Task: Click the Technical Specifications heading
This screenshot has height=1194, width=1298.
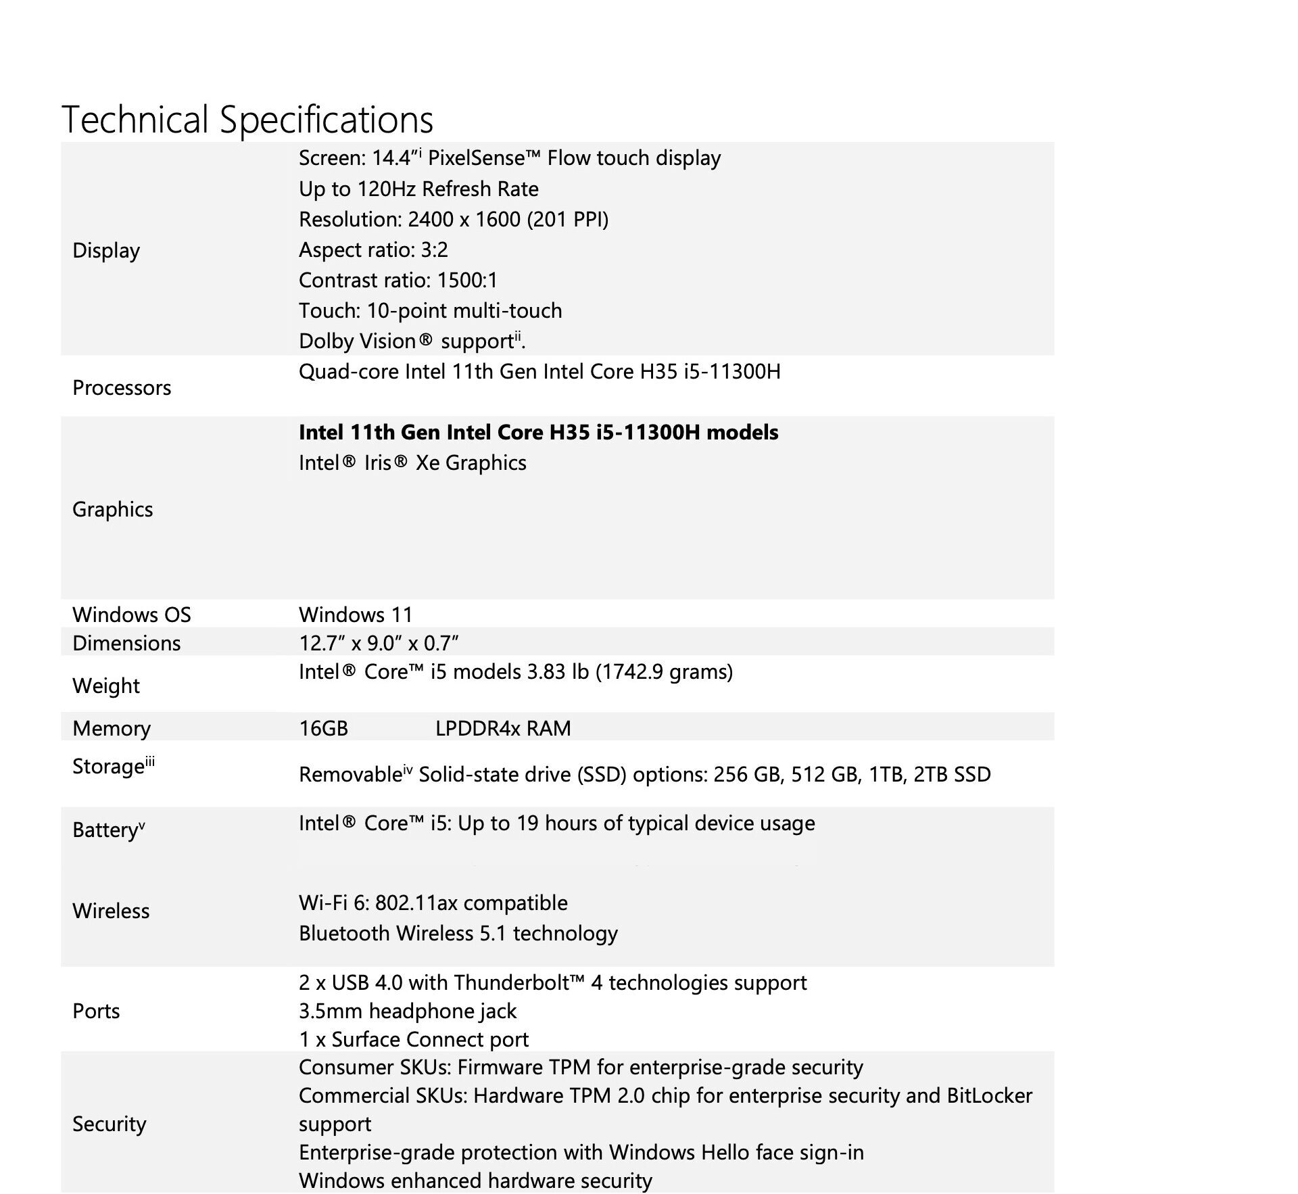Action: [x=247, y=120]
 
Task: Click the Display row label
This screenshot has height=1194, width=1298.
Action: [x=106, y=250]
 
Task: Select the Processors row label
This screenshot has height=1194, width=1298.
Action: [x=122, y=387]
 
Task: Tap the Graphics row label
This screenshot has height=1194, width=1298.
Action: [x=113, y=509]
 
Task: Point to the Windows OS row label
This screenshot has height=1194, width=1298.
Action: [x=132, y=615]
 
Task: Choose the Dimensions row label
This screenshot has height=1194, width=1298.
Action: [x=126, y=643]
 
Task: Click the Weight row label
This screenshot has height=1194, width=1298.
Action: [x=106, y=686]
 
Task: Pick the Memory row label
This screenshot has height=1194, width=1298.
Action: [x=112, y=728]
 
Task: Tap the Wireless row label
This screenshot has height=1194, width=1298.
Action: [x=111, y=911]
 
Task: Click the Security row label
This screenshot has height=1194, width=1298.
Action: [x=110, y=1124]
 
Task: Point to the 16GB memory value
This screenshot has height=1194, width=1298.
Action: [x=323, y=728]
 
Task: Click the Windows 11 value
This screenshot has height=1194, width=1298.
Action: [x=356, y=615]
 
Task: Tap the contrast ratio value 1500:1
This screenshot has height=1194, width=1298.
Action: [x=467, y=280]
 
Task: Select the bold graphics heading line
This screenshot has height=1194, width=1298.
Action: [x=538, y=432]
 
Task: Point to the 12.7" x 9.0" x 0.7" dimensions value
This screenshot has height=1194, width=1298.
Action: [x=379, y=643]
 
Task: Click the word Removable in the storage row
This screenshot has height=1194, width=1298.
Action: [x=351, y=775]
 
